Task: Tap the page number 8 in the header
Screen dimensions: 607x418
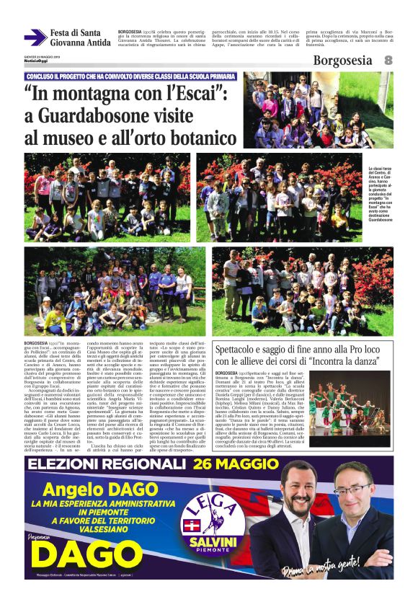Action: click(x=388, y=61)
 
